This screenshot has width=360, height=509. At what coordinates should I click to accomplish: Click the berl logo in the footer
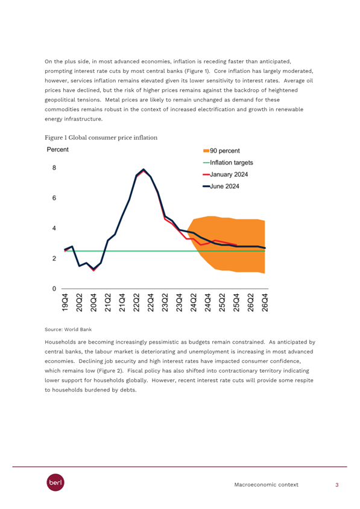point(55,482)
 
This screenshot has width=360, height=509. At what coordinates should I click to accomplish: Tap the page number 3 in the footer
point(337,485)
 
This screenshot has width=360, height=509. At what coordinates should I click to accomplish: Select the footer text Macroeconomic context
point(266,485)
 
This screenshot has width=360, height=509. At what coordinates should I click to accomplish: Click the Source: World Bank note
point(68,329)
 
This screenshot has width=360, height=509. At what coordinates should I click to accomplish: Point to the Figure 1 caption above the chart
point(101,138)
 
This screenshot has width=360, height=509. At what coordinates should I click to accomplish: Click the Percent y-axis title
point(58,150)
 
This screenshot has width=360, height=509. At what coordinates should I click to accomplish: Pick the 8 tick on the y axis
point(54,168)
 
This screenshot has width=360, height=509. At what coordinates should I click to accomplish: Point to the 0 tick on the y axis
point(54,289)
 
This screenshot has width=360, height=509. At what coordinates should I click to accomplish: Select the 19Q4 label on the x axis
point(65,303)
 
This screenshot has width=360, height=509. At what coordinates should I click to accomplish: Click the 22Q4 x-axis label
point(151,303)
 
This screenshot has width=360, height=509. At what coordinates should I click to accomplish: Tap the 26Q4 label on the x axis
point(265,303)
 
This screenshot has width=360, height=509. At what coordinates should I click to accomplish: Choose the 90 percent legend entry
point(221,151)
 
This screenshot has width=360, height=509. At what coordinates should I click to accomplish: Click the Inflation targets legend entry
point(228,163)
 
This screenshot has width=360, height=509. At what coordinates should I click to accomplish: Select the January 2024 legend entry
point(226,174)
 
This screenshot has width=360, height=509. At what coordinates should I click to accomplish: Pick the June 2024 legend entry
point(221,186)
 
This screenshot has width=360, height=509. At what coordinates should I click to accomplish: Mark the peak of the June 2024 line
point(144,169)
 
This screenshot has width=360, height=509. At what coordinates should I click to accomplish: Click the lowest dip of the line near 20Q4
point(93,269)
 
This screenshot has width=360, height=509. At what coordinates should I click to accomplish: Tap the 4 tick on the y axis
point(54,228)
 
